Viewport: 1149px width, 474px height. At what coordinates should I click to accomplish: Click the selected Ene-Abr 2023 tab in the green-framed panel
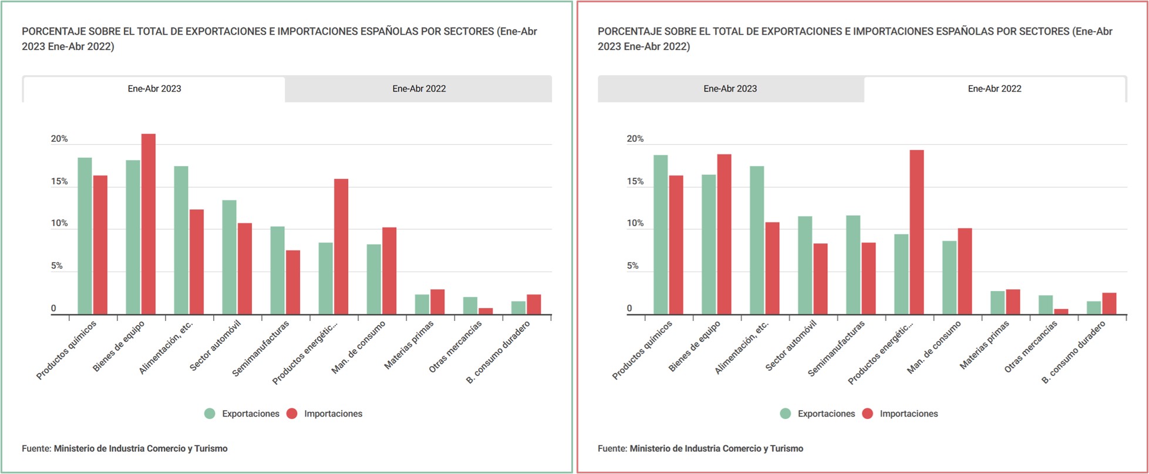(154, 89)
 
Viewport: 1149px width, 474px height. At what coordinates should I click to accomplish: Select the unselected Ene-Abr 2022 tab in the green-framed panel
(419, 89)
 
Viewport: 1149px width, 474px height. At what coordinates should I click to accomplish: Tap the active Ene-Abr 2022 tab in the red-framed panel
(994, 89)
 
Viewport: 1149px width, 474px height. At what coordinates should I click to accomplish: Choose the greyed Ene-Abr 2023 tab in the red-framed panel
(730, 89)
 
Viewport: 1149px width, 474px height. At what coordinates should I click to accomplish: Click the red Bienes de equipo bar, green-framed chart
(149, 224)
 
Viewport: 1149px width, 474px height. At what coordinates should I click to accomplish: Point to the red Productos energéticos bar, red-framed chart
(916, 232)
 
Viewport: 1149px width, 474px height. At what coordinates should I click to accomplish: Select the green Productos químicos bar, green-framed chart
(85, 236)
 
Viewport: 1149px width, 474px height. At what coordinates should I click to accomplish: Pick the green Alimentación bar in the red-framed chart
(757, 241)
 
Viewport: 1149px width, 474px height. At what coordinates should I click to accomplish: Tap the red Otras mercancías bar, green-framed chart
(486, 311)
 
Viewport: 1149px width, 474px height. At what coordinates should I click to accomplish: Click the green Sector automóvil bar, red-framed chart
(805, 265)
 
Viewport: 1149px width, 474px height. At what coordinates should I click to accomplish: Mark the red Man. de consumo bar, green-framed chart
(389, 271)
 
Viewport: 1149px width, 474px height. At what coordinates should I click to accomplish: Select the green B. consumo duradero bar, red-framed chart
(1094, 308)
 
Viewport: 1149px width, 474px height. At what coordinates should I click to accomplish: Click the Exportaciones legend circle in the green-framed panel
(210, 414)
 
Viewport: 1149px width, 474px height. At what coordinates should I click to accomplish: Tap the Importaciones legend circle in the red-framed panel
(867, 414)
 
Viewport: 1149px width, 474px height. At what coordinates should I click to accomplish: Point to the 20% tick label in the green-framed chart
(59, 139)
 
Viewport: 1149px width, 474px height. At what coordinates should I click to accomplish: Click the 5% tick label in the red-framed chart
(632, 266)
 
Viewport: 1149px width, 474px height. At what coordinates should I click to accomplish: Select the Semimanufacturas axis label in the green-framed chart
(261, 348)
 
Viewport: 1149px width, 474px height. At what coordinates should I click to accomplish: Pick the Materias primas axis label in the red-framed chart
(985, 345)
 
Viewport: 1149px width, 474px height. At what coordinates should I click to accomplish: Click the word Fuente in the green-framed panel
(36, 449)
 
